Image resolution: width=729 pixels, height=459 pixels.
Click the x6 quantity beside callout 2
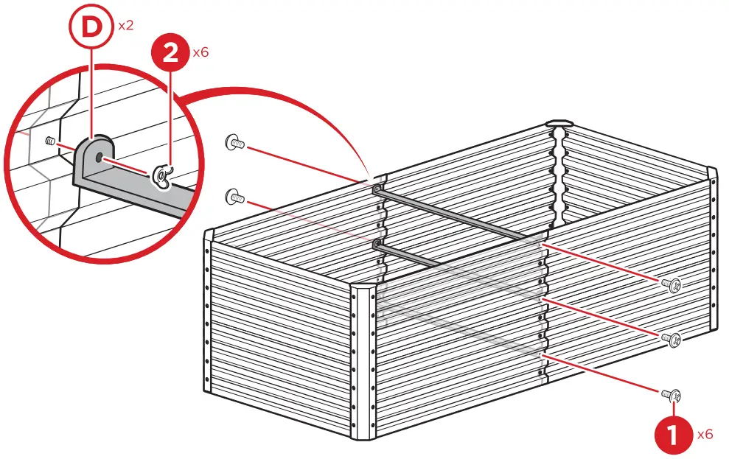coord(200,53)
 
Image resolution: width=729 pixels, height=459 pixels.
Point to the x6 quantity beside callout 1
coord(705,435)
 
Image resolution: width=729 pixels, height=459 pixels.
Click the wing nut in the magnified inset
coord(161,175)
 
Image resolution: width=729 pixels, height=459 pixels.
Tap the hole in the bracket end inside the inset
coord(100,156)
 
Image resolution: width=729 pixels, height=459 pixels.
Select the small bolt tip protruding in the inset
coord(51,141)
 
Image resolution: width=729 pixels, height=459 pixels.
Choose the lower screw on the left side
coord(235,196)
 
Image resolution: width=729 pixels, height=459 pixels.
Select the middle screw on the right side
coord(672,339)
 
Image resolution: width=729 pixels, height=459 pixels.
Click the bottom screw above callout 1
coord(672,395)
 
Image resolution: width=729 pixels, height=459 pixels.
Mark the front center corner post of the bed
coord(364,365)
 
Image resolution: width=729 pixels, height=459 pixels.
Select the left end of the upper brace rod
coord(378,190)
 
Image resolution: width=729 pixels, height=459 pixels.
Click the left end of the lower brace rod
coord(378,242)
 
